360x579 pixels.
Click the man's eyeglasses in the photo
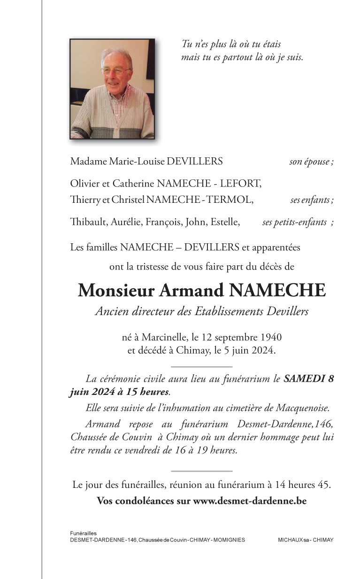pos(115,71)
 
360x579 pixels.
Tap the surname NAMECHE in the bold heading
pos(277,291)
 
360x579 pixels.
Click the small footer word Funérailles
pos(83,533)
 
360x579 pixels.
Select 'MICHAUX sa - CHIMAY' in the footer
pos(306,540)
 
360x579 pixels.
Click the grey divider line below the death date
pos(202,366)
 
